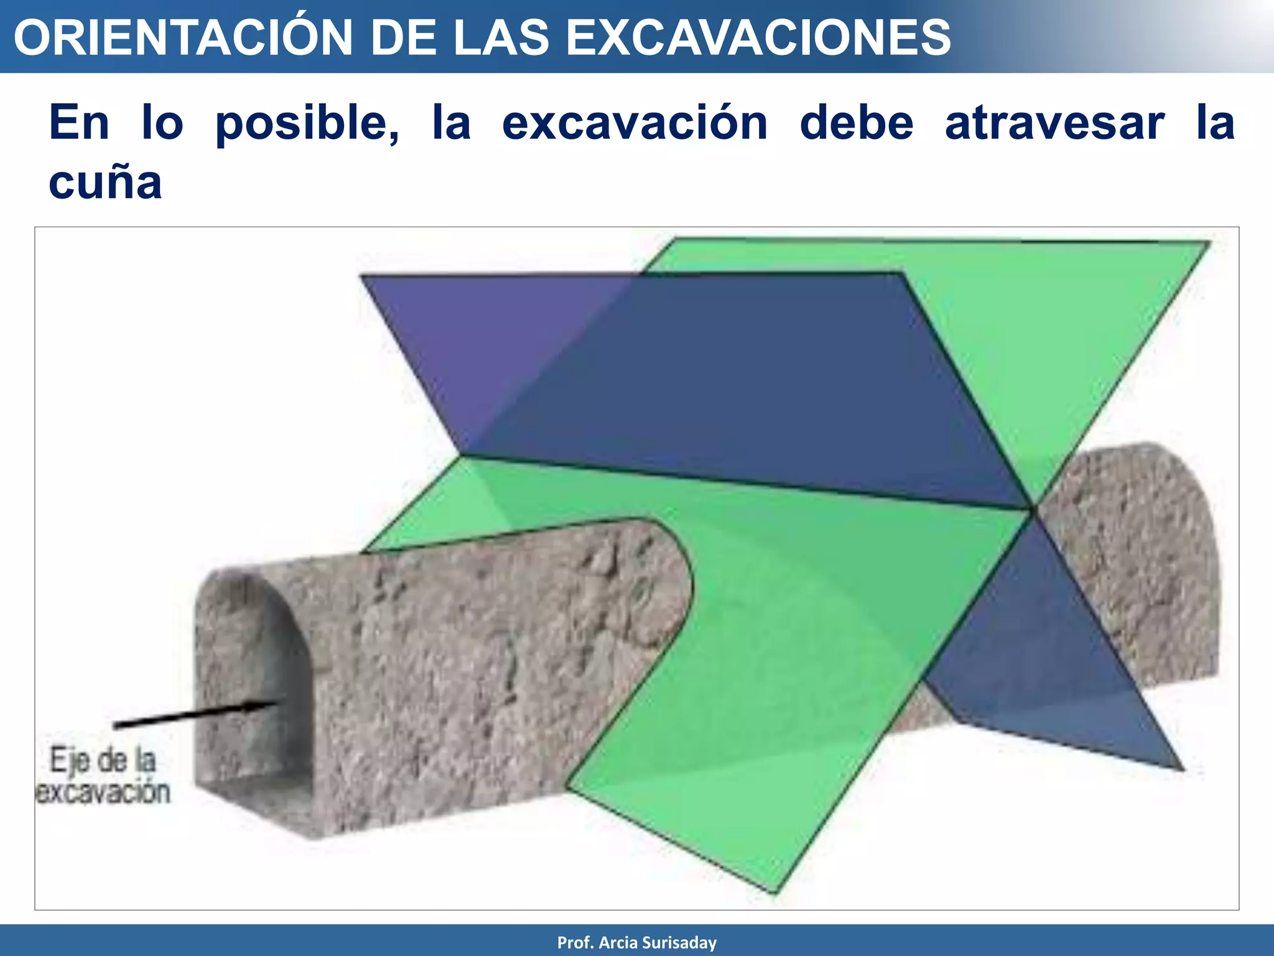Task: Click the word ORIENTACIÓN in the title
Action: click(x=184, y=37)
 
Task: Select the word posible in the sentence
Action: click(x=308, y=123)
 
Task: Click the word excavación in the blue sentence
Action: click(x=635, y=123)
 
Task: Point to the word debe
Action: click(x=856, y=123)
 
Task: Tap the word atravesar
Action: click(x=1054, y=123)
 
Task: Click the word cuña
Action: click(x=106, y=183)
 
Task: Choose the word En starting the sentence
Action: click(x=80, y=123)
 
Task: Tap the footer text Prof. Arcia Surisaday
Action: click(x=636, y=942)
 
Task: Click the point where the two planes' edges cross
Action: click(x=1033, y=510)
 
